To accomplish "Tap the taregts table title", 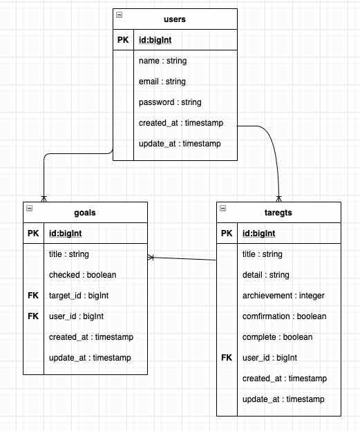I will tap(279, 213).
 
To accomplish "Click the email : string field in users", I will tap(162, 82).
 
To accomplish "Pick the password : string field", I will tap(170, 102).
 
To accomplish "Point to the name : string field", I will tap(162, 61).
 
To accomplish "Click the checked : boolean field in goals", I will tap(82, 275).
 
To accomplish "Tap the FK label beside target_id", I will tap(34, 296).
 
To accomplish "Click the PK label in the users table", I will tap(122, 40).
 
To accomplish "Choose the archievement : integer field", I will tap(283, 296).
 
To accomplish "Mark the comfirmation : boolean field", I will tap(284, 316).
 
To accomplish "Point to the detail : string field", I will tap(266, 275).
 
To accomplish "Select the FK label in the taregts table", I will tap(227, 358).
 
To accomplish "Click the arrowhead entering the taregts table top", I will tap(278, 198).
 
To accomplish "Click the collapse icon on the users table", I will tap(119, 15).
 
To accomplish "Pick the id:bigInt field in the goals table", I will tap(66, 233).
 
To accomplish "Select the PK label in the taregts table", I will tap(227, 233).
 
